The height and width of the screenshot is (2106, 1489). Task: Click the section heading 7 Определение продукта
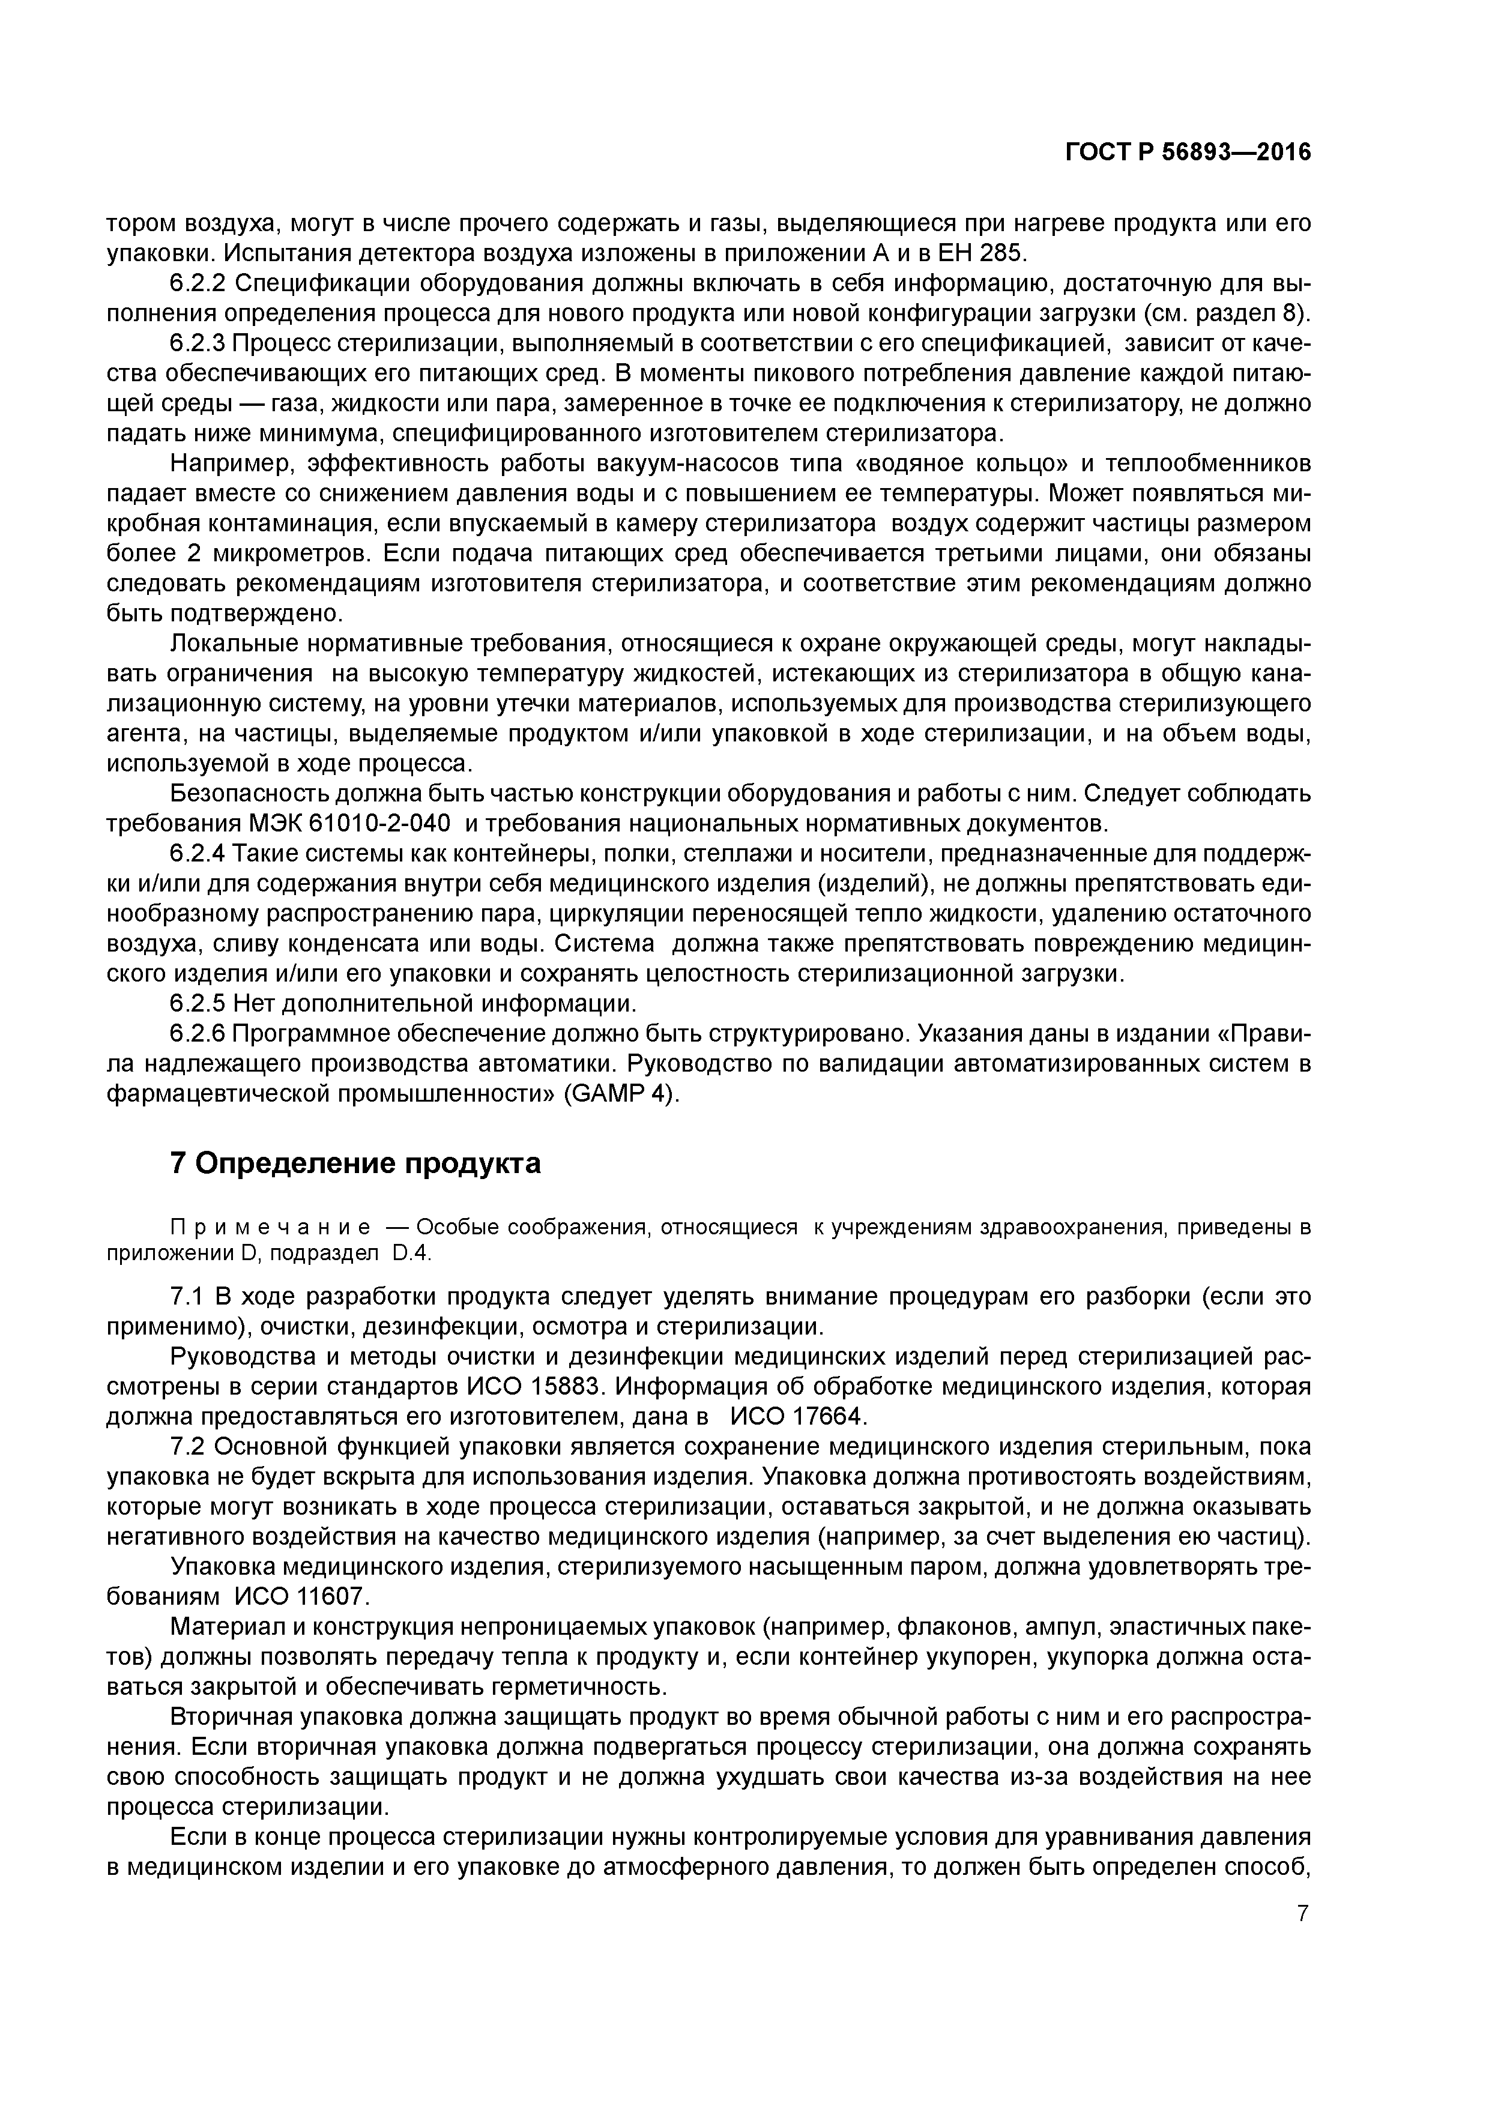point(356,1163)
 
